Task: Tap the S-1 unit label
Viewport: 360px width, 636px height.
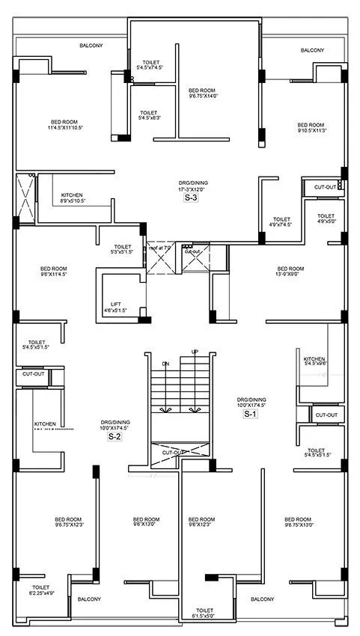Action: pyautogui.click(x=247, y=414)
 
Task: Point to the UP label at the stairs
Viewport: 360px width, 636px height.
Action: pyautogui.click(x=195, y=352)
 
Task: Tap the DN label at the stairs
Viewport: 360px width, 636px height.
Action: pyautogui.click(x=166, y=364)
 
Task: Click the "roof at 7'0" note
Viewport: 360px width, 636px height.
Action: pyautogui.click(x=159, y=247)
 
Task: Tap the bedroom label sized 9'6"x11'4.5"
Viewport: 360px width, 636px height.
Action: pyautogui.click(x=54, y=272)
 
